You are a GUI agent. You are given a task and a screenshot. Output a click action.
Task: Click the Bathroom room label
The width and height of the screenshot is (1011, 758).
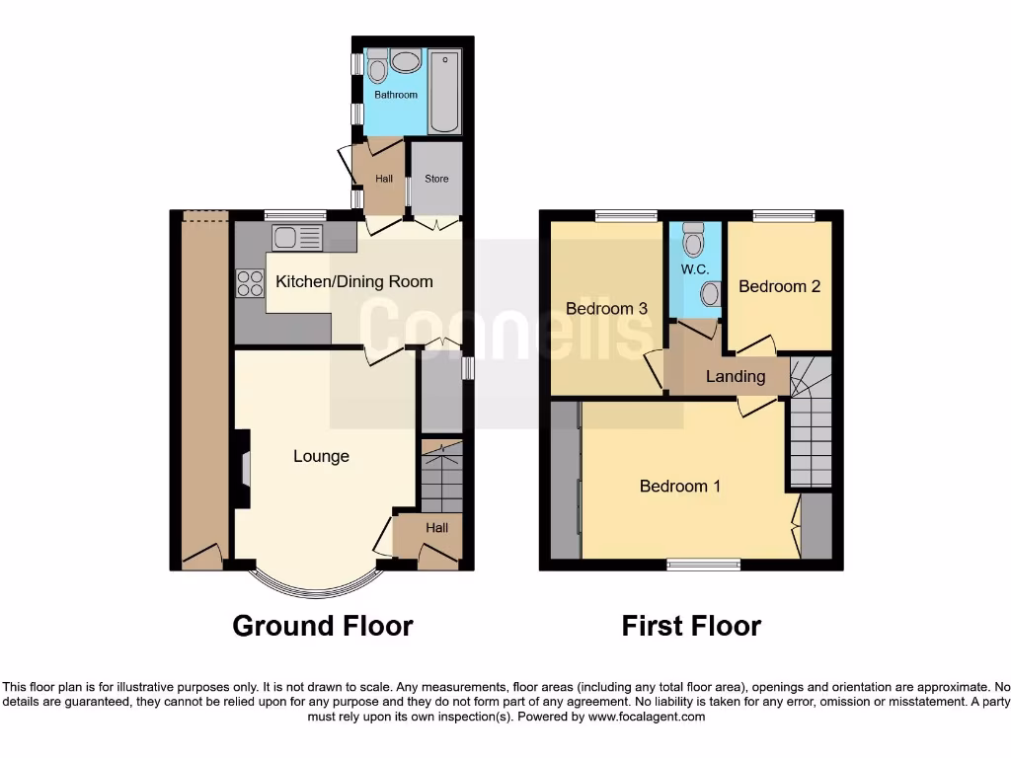pos(395,95)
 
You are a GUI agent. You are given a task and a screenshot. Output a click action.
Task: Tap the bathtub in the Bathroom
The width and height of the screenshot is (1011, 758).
pos(444,91)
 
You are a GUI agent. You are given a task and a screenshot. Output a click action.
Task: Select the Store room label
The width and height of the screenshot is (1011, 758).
pos(436,179)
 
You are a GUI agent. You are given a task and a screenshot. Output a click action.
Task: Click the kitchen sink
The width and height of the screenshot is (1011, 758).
pos(297,237)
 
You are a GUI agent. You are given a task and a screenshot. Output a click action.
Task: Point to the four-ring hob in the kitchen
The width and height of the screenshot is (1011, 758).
pos(249,283)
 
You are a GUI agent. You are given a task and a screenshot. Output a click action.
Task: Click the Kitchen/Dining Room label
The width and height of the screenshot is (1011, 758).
pos(353,282)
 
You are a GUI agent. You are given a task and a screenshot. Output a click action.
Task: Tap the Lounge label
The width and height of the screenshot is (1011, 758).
pos(321,456)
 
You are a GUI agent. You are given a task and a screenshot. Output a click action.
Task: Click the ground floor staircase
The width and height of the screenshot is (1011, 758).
pos(441,479)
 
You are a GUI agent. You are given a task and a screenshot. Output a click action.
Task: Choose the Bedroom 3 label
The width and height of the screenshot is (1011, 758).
pos(606,309)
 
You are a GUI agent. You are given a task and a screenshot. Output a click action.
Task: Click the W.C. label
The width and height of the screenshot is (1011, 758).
pos(695,269)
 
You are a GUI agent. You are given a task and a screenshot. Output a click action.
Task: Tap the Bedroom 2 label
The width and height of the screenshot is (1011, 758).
pos(779,287)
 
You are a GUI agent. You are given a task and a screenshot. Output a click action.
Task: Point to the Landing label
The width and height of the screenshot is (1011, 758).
pos(736,376)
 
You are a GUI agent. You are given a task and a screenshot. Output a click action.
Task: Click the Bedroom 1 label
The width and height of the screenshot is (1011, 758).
pos(680,486)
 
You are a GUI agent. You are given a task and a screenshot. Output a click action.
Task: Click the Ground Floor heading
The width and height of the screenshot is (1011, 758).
pos(323,626)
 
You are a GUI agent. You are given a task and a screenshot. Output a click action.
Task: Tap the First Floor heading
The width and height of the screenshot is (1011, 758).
pos(691,626)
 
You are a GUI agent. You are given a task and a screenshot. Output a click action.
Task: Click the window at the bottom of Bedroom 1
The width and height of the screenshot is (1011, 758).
pos(703,565)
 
